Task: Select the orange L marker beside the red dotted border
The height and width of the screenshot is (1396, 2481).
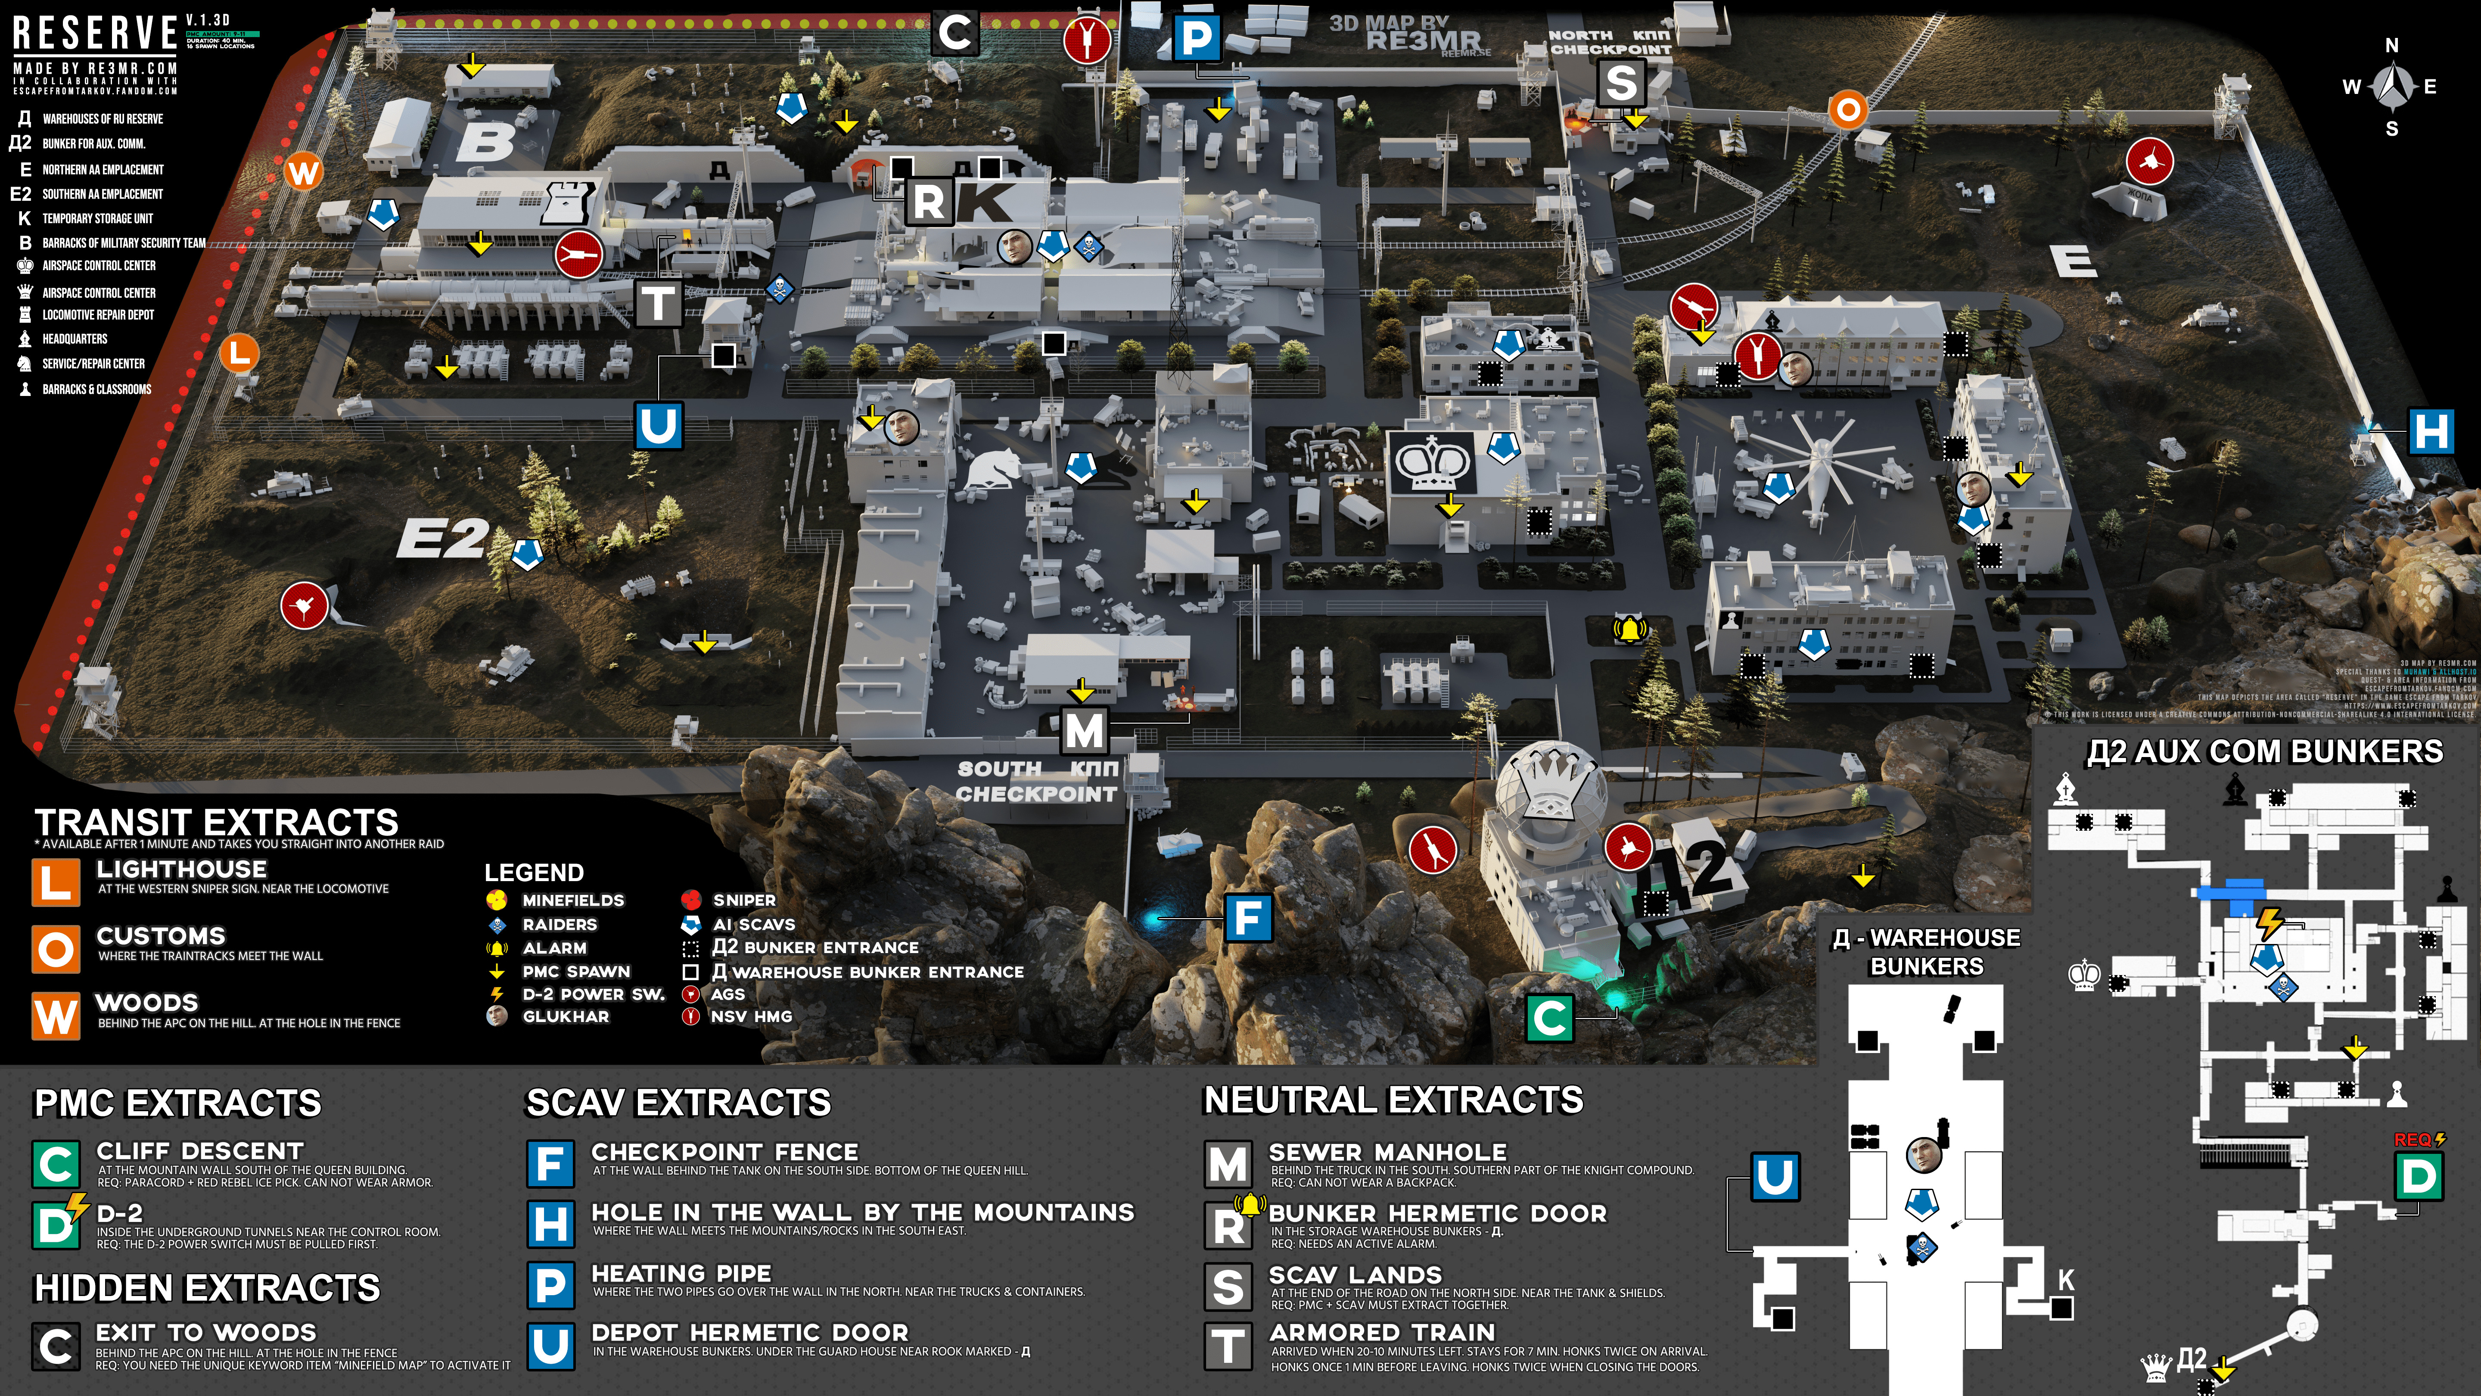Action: (x=239, y=352)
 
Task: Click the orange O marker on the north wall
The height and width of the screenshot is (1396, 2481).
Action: (x=1847, y=110)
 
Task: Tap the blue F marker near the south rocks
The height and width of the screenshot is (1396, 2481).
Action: (x=1248, y=918)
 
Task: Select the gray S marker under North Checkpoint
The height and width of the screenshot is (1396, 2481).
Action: (x=1621, y=83)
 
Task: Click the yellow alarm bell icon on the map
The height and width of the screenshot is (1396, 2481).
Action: (x=1629, y=630)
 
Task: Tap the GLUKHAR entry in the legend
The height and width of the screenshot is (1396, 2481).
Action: (x=566, y=1016)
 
